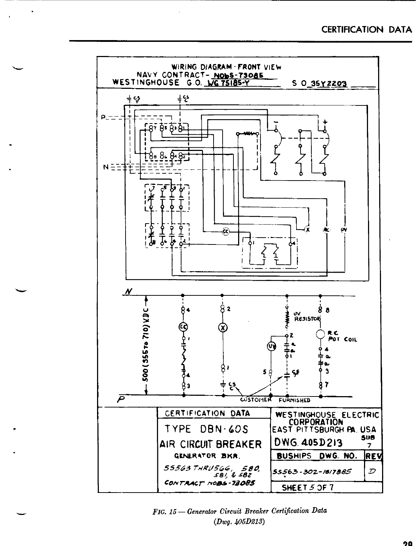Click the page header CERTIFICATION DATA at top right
(367, 30)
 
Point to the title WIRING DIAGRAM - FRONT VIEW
(226, 67)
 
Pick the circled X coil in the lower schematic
(223, 328)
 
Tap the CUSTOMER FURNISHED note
(275, 400)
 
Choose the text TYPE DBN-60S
(206, 429)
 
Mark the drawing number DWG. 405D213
(308, 442)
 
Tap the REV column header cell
(374, 455)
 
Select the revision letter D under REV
(373, 472)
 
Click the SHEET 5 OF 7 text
(307, 487)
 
